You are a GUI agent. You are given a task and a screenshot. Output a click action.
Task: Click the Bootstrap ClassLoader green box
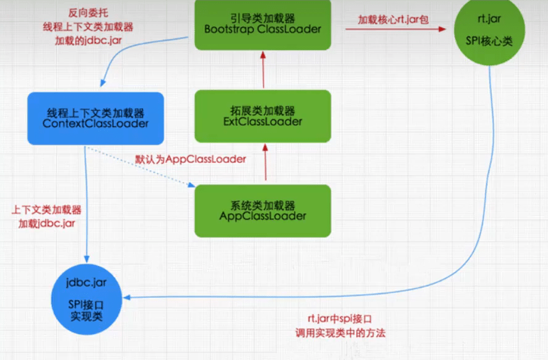click(x=263, y=25)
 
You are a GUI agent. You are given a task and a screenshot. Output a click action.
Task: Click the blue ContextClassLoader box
click(x=95, y=118)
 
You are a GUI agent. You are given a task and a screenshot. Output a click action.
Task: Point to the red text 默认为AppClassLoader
click(x=191, y=159)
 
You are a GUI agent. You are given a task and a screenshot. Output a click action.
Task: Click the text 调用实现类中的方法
click(x=340, y=333)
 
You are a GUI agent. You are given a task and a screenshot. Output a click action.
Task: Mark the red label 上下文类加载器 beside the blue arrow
click(x=50, y=209)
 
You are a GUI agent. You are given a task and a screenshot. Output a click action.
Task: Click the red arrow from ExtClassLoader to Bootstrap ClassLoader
click(x=263, y=69)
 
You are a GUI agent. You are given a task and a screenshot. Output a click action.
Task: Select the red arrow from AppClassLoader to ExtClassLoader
click(x=265, y=162)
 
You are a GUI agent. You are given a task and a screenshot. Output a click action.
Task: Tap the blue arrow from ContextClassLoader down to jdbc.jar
click(x=85, y=204)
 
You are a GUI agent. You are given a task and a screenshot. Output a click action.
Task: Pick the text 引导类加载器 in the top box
click(x=262, y=17)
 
